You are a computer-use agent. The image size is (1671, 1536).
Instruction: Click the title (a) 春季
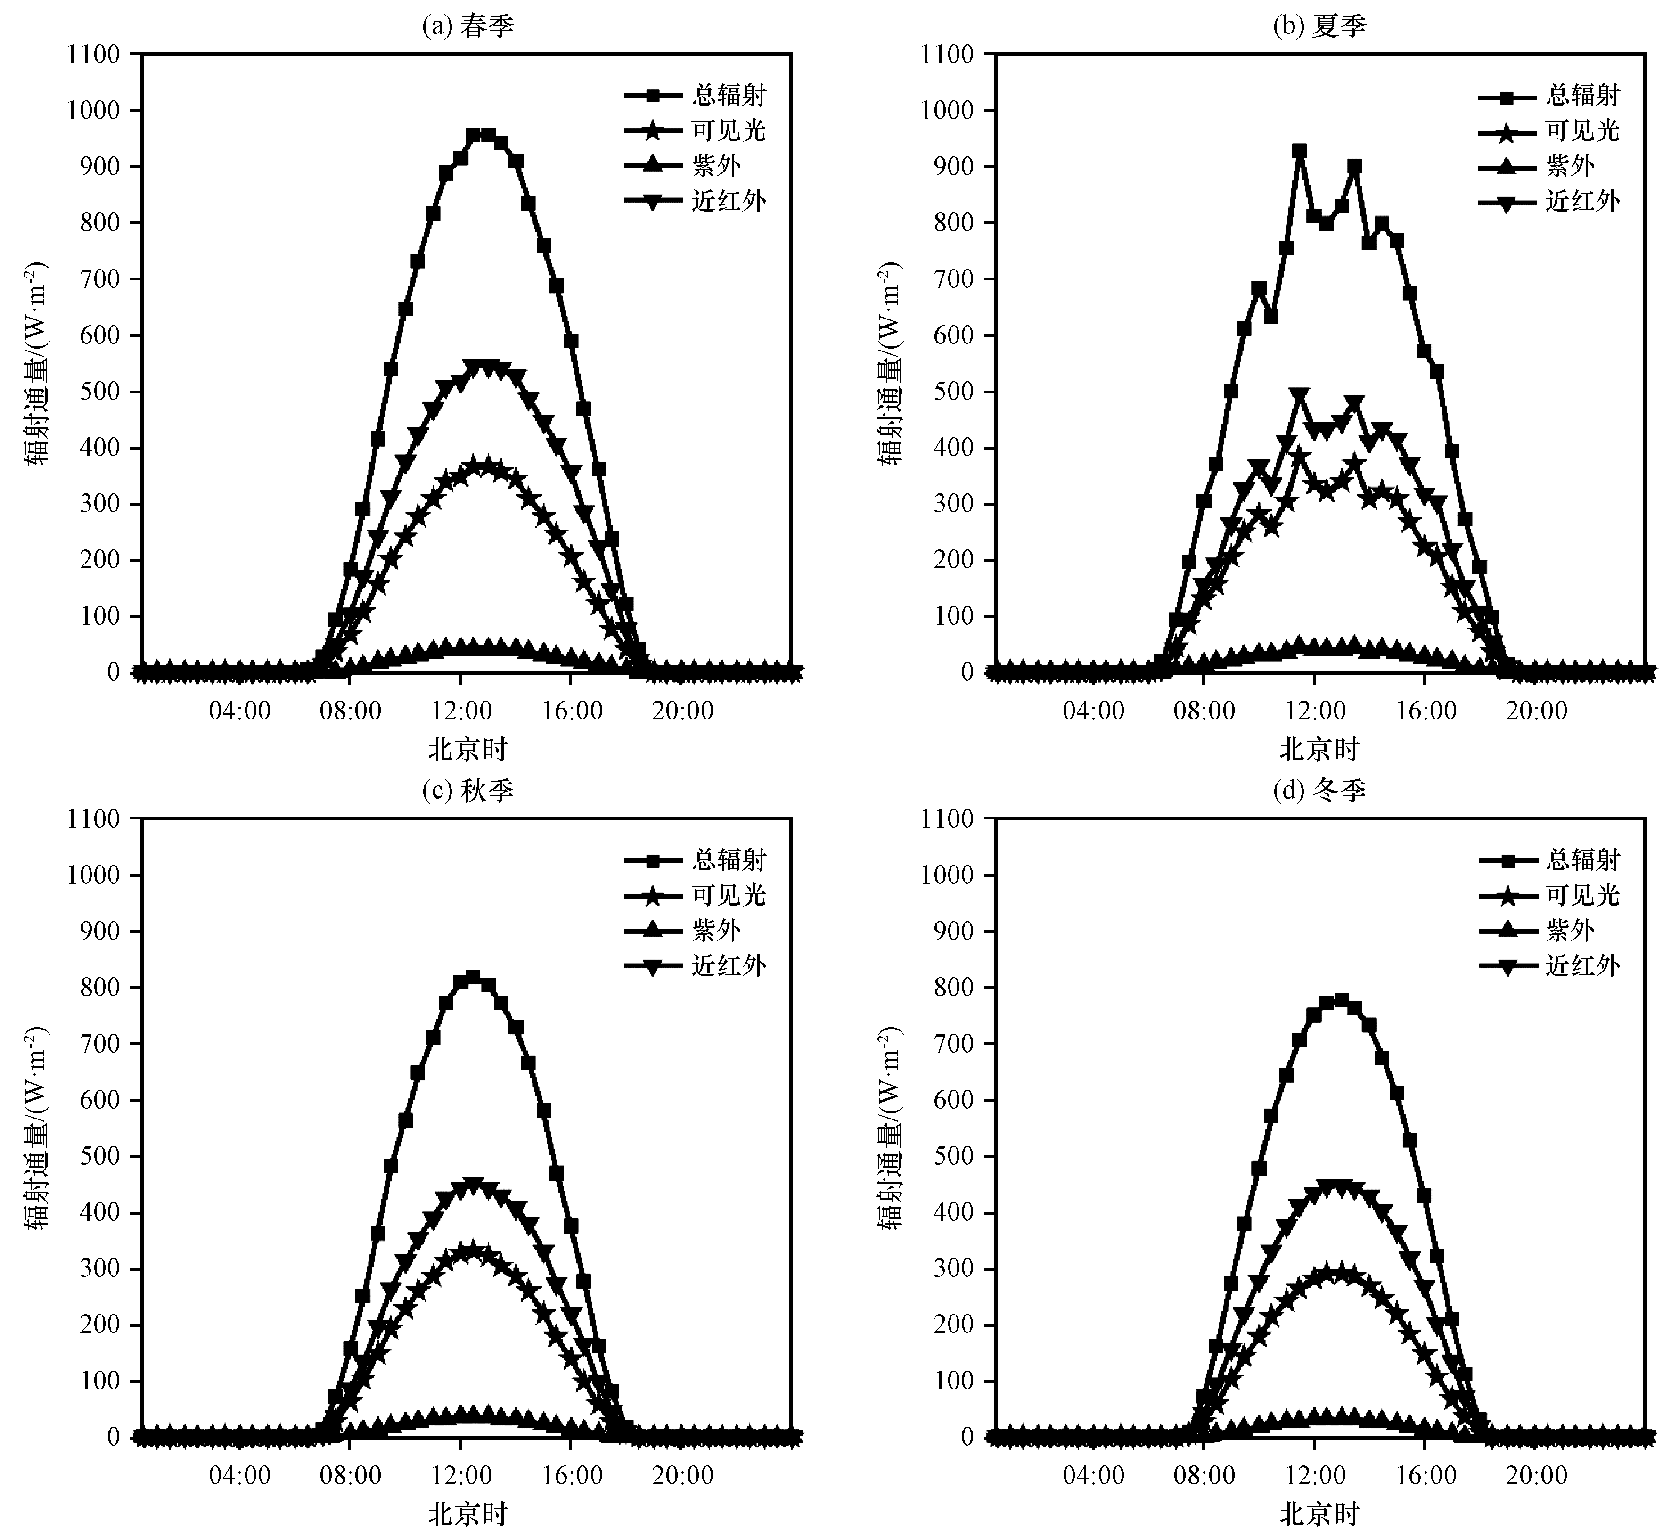tap(467, 26)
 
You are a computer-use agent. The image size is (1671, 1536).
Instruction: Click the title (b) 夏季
tap(1319, 26)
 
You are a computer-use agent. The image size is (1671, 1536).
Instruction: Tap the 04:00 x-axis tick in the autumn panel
tap(239, 1475)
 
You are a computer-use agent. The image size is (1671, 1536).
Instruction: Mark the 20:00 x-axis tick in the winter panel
tap(1536, 1475)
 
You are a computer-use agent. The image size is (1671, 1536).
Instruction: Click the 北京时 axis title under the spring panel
tap(467, 749)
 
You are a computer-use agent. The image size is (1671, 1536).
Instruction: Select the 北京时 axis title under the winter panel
tap(1319, 1513)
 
